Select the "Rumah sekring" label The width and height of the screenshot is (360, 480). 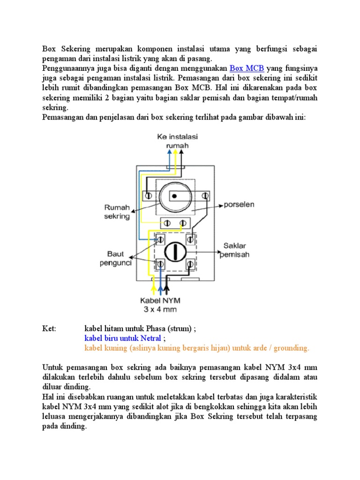pos(117,211)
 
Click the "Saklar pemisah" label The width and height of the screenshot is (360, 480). pos(236,250)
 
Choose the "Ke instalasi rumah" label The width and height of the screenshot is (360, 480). pos(177,141)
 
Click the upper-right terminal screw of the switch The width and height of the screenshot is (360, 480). pos(190,240)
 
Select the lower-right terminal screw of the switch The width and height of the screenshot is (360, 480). pos(190,265)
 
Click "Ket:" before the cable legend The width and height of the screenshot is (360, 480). pos(49,329)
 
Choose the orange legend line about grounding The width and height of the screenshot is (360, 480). pos(197,348)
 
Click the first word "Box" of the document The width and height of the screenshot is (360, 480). pos(49,49)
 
